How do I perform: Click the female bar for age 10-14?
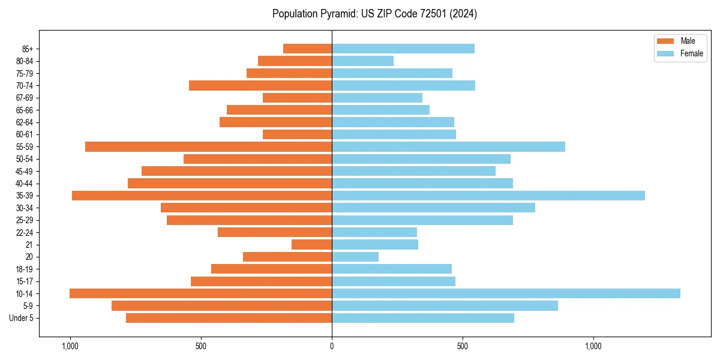click(x=506, y=293)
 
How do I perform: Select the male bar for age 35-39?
click(x=202, y=196)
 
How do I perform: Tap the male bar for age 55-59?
click(x=208, y=146)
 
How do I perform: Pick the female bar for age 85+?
click(x=403, y=49)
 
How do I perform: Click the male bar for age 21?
click(x=311, y=244)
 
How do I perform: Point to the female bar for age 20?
click(x=355, y=257)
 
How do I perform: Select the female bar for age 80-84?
click(x=362, y=61)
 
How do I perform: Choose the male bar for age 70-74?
click(x=260, y=85)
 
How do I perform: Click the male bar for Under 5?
click(x=229, y=318)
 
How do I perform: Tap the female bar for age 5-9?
click(x=445, y=305)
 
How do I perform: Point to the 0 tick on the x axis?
click(x=332, y=346)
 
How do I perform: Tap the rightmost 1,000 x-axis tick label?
click(x=593, y=346)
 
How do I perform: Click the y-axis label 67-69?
click(x=25, y=98)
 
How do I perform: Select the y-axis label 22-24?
click(x=25, y=232)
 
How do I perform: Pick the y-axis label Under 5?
click(x=22, y=318)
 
